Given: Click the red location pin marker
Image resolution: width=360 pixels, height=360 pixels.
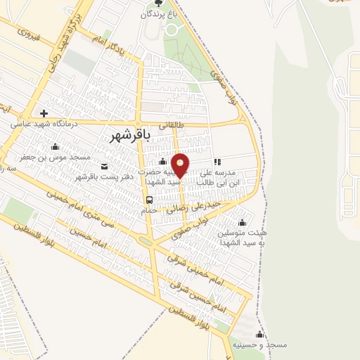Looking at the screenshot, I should [x=181, y=166].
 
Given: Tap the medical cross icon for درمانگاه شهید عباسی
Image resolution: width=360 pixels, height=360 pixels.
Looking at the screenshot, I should [x=44, y=113].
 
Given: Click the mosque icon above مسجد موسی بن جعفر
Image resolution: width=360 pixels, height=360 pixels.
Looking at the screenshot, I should [x=56, y=146].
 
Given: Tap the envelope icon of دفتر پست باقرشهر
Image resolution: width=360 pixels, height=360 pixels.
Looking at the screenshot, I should [x=105, y=167].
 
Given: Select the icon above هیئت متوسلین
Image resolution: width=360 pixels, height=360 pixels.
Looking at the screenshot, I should [x=262, y=223].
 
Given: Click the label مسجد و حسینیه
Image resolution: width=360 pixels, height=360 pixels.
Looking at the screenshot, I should [x=260, y=345].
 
